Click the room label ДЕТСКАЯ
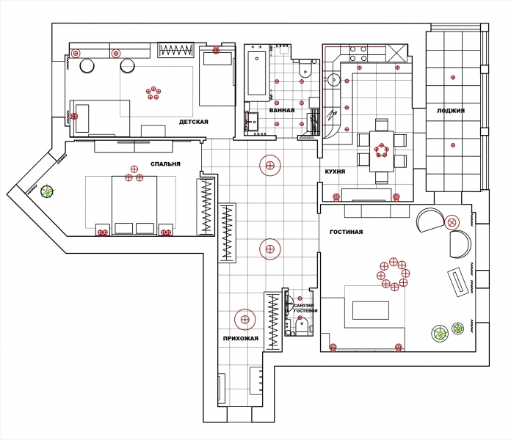tap(194, 122)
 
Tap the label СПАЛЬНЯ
tap(165, 164)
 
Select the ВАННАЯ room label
tap(282, 110)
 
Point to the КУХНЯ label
tap(335, 172)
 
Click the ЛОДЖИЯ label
tap(451, 111)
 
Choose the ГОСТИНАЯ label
tap(346, 232)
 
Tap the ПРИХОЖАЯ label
tap(241, 339)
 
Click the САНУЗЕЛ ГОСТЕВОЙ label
tap(305, 308)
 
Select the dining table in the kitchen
tap(382, 151)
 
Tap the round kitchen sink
tap(334, 80)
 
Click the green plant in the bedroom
tap(47, 191)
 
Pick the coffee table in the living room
tap(371, 310)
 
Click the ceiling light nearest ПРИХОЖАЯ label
tap(245, 320)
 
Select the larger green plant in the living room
tap(440, 333)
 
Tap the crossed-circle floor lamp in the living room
tap(452, 223)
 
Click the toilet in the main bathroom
tap(305, 70)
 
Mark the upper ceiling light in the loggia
tap(453, 78)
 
